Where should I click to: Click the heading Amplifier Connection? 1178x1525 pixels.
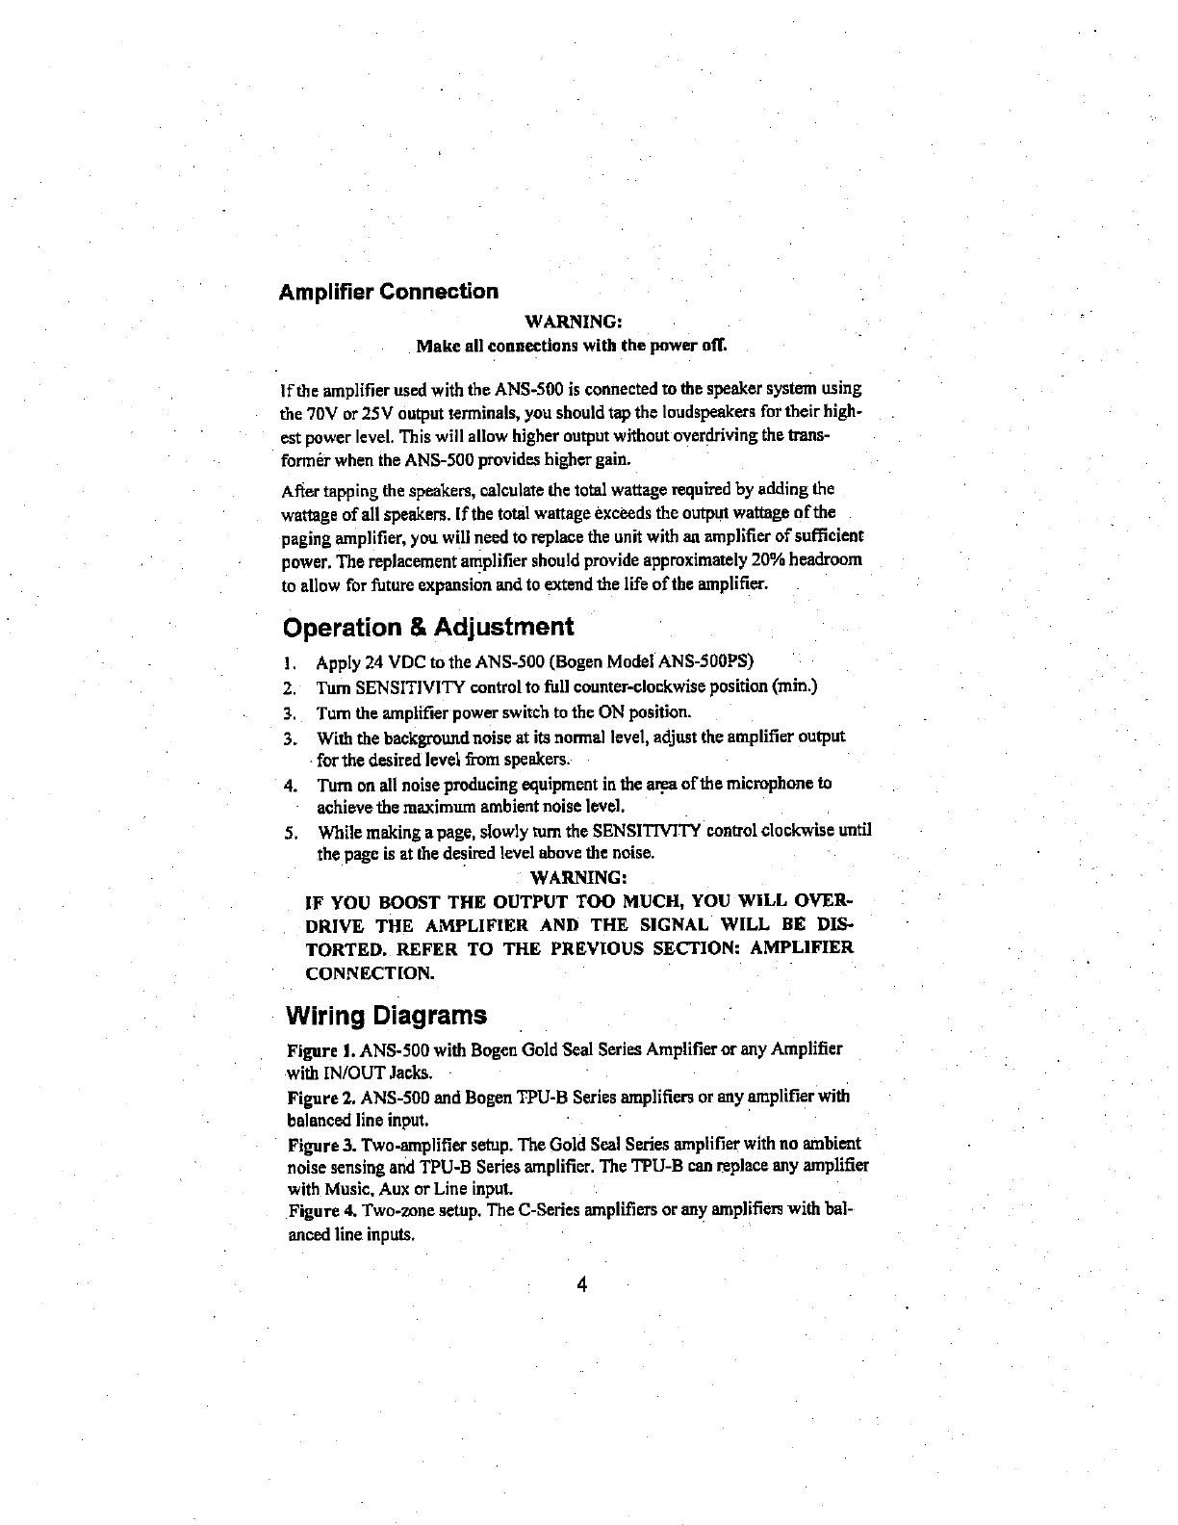[x=388, y=291]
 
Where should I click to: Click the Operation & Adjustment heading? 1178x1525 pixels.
[x=428, y=628]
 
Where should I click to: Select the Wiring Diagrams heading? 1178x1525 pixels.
[x=387, y=1016]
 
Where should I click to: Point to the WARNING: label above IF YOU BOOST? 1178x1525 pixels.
[x=580, y=877]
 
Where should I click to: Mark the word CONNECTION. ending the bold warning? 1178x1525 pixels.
[x=369, y=973]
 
